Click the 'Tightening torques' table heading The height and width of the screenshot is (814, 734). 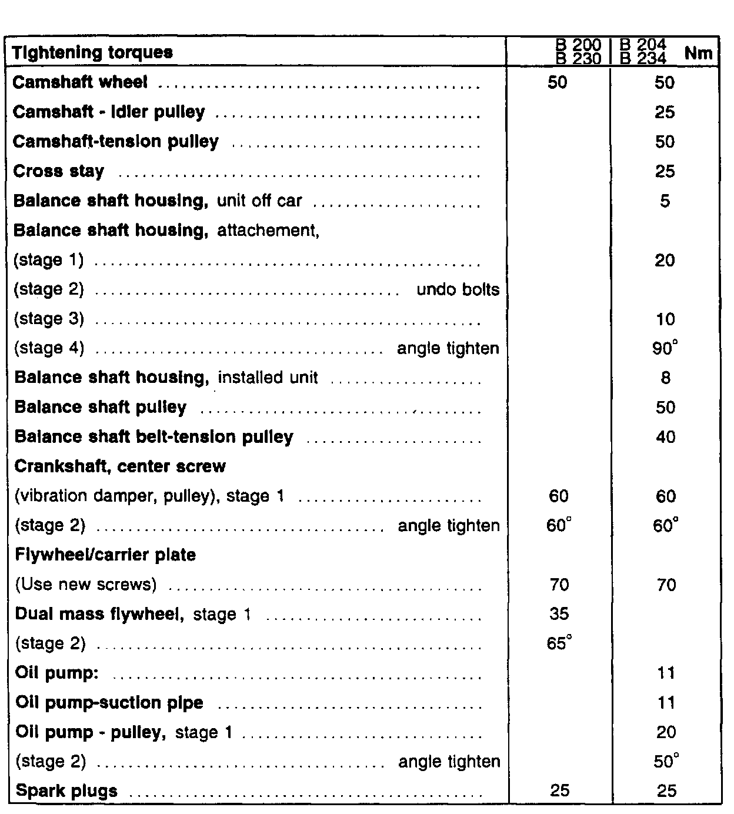(x=93, y=52)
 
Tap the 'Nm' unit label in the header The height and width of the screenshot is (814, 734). (x=698, y=54)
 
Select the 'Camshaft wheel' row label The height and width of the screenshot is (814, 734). (x=80, y=82)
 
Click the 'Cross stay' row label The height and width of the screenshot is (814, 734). (x=58, y=171)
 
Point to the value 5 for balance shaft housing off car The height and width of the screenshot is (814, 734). (x=665, y=201)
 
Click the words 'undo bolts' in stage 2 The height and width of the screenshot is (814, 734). (x=458, y=289)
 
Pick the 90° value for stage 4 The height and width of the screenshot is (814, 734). (x=665, y=348)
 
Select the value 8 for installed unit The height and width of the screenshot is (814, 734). (x=665, y=378)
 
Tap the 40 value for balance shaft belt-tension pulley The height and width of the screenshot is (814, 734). (x=665, y=437)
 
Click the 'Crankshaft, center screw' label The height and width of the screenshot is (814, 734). (x=120, y=466)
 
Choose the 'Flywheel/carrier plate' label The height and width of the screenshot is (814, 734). (x=105, y=555)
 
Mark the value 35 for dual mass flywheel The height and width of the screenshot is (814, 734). (x=559, y=614)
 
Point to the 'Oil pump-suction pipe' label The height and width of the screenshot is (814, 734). (x=109, y=703)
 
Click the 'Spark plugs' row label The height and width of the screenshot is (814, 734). (x=66, y=791)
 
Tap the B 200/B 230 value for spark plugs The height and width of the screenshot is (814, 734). (x=559, y=791)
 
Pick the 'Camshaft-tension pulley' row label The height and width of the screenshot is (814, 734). (x=116, y=142)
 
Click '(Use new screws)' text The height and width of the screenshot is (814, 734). (x=86, y=585)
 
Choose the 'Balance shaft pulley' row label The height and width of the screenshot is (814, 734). (x=101, y=407)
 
